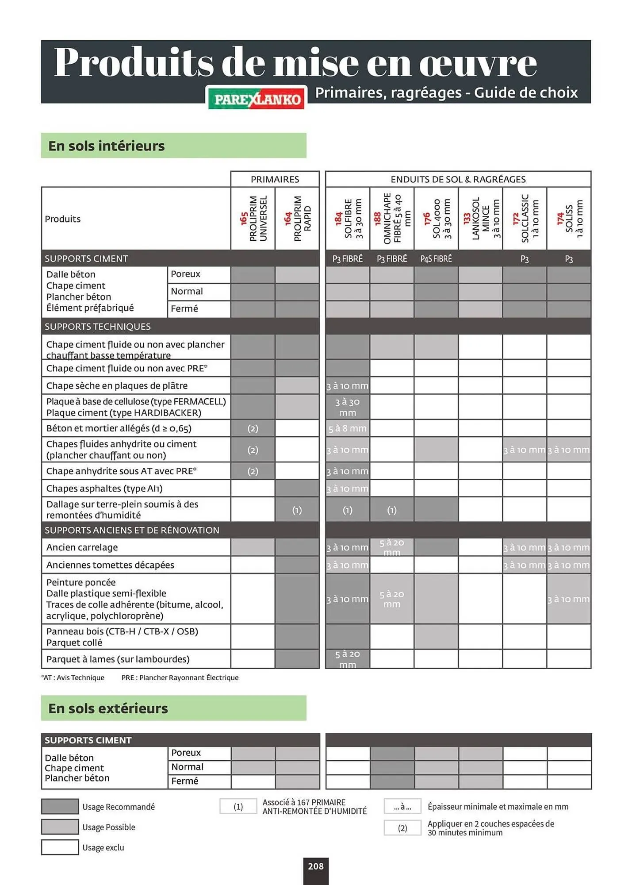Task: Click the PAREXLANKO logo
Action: coord(257,98)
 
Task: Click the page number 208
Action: coord(316,866)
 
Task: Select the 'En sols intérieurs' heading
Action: coord(107,146)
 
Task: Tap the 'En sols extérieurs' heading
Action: coord(108,708)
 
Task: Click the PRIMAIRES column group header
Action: coord(275,179)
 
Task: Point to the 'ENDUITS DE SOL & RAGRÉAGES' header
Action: coord(458,179)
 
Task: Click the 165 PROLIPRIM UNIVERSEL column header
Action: coord(253,219)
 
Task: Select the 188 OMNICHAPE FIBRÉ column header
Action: coord(392,219)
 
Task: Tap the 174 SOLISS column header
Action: coord(569,219)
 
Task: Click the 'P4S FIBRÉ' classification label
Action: coord(436,258)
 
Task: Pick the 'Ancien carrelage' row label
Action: coord(82,547)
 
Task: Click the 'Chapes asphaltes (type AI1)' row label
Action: coord(104,489)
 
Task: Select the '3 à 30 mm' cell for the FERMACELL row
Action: coord(348,407)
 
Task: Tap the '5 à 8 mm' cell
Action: coord(348,428)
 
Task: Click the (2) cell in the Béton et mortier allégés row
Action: coord(253,428)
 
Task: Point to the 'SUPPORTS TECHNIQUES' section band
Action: coord(98,327)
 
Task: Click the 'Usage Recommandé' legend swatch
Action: coord(60,807)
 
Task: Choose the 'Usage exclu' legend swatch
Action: coord(60,847)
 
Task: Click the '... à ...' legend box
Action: coord(402,807)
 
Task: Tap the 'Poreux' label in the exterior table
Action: coord(186,753)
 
